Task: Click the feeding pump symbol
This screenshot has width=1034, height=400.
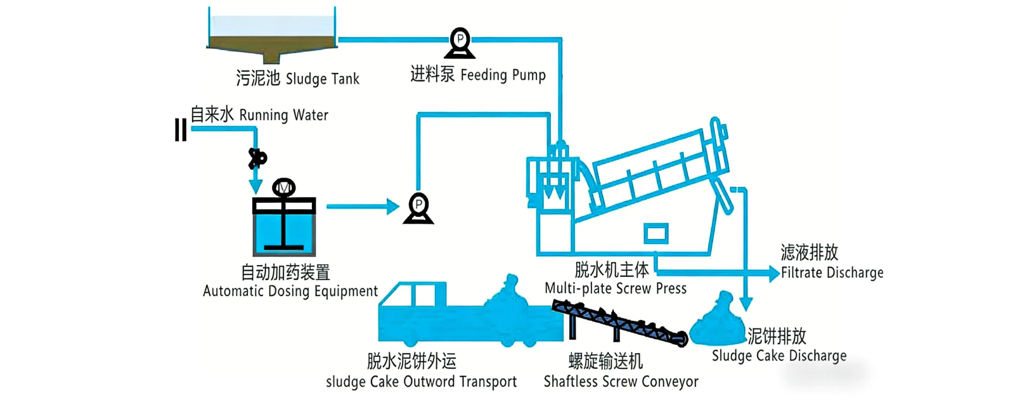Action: pyautogui.click(x=460, y=42)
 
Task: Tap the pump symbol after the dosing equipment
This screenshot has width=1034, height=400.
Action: pyautogui.click(x=418, y=208)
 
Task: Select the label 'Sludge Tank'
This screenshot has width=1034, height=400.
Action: pyautogui.click(x=322, y=79)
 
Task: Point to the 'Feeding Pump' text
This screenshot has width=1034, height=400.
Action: pyautogui.click(x=503, y=75)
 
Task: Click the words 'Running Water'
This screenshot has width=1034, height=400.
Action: pyautogui.click(x=283, y=115)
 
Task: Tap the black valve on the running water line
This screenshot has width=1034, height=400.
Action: pyautogui.click(x=256, y=158)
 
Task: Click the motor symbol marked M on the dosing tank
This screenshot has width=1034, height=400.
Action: pyautogui.click(x=283, y=188)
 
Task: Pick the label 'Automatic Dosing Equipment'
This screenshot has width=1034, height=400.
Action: pyautogui.click(x=290, y=291)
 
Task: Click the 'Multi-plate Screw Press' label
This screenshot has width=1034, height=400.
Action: pyautogui.click(x=615, y=288)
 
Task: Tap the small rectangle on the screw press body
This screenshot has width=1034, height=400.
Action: pyautogui.click(x=656, y=233)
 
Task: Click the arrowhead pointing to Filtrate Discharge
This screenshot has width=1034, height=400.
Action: pyautogui.click(x=773, y=273)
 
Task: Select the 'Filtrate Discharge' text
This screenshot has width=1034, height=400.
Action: pyautogui.click(x=832, y=273)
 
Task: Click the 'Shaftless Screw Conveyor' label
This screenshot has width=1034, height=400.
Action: pyautogui.click(x=621, y=382)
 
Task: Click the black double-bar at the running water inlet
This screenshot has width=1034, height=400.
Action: pyautogui.click(x=181, y=130)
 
